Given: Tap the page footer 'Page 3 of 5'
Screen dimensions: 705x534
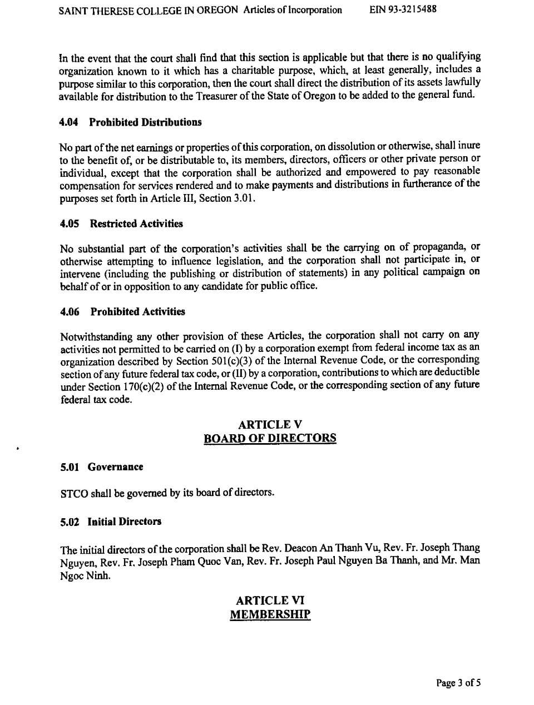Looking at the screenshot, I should [x=458, y=683].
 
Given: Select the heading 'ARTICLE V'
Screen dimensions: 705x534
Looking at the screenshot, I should [x=270, y=425].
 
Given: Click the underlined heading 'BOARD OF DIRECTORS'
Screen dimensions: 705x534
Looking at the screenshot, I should [x=270, y=438].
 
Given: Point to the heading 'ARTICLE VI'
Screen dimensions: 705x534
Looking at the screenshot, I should [x=270, y=600].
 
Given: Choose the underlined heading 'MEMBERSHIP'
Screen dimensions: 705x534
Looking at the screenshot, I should [x=270, y=614].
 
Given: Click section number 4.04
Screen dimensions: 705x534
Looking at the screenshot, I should [x=68, y=122].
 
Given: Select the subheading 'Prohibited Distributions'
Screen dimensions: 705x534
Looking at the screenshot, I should [x=145, y=122].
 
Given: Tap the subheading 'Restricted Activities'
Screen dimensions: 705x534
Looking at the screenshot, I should [x=136, y=224].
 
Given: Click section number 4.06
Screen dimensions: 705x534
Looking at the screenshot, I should [x=70, y=311].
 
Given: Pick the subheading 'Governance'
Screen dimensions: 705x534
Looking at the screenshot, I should [x=115, y=467].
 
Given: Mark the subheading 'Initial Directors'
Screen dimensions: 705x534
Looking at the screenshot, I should [x=124, y=522].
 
